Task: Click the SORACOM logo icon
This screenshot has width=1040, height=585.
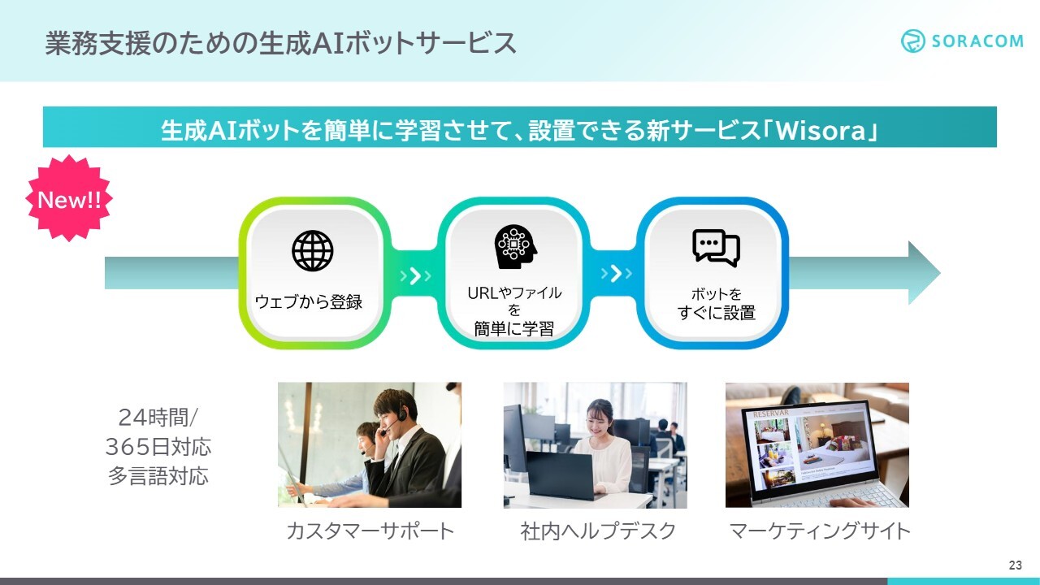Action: pyautogui.click(x=912, y=41)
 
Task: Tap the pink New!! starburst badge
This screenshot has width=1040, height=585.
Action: pyautogui.click(x=69, y=198)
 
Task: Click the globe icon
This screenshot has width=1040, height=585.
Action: pyautogui.click(x=313, y=251)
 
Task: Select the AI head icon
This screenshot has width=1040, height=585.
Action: pyautogui.click(x=515, y=247)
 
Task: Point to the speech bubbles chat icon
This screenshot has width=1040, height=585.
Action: pyautogui.click(x=716, y=248)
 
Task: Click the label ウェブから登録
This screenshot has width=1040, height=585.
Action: pyautogui.click(x=308, y=301)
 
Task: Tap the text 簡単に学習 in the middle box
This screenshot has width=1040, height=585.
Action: pyautogui.click(x=514, y=329)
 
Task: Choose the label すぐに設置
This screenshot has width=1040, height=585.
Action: pyautogui.click(x=717, y=313)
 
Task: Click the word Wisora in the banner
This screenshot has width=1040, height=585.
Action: pyautogui.click(x=821, y=131)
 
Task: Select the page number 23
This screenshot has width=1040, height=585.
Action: pyautogui.click(x=1016, y=565)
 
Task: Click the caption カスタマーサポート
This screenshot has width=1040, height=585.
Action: pyautogui.click(x=370, y=531)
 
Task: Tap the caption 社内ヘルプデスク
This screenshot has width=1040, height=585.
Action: pyautogui.click(x=598, y=531)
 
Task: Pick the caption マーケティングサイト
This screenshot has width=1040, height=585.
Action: pyautogui.click(x=820, y=531)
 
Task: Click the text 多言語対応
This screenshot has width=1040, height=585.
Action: pyautogui.click(x=158, y=476)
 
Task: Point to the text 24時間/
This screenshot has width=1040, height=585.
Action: pyautogui.click(x=158, y=418)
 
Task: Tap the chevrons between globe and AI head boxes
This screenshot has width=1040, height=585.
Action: pyautogui.click(x=415, y=275)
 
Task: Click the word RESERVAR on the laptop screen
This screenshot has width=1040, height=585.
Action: pyautogui.click(x=771, y=414)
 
